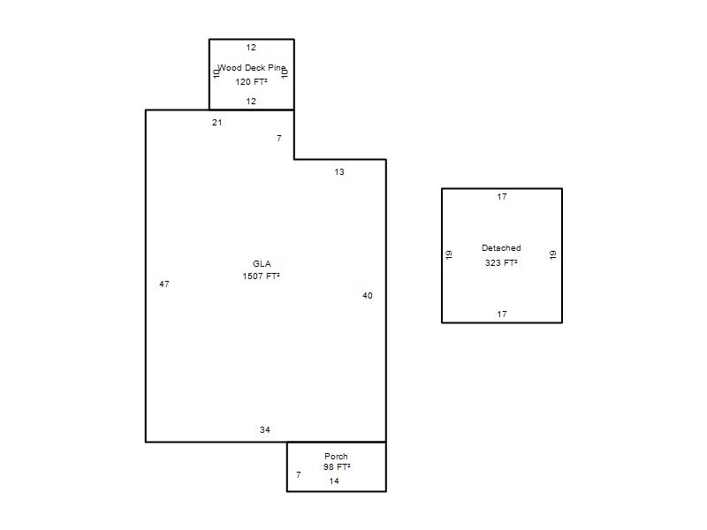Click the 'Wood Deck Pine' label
pos(252,68)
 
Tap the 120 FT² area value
pos(251,81)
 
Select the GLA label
pos(262,263)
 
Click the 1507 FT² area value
pos(261,276)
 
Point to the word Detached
pos(501,248)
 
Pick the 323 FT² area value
pos(501,262)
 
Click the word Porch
pos(336,456)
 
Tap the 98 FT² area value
pos(337,467)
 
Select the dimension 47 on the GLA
pos(164,284)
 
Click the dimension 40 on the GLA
pos(368,296)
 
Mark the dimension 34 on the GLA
pos(264,430)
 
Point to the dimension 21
pos(217,123)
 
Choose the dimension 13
pos(339,172)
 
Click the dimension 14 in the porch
pos(334,481)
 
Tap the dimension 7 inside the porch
pos(299,474)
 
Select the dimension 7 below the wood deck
pos(279,139)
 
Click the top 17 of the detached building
pos(502,196)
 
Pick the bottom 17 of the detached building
pos(502,314)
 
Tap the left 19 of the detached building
pos(449,254)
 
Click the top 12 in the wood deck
pos(251,48)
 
